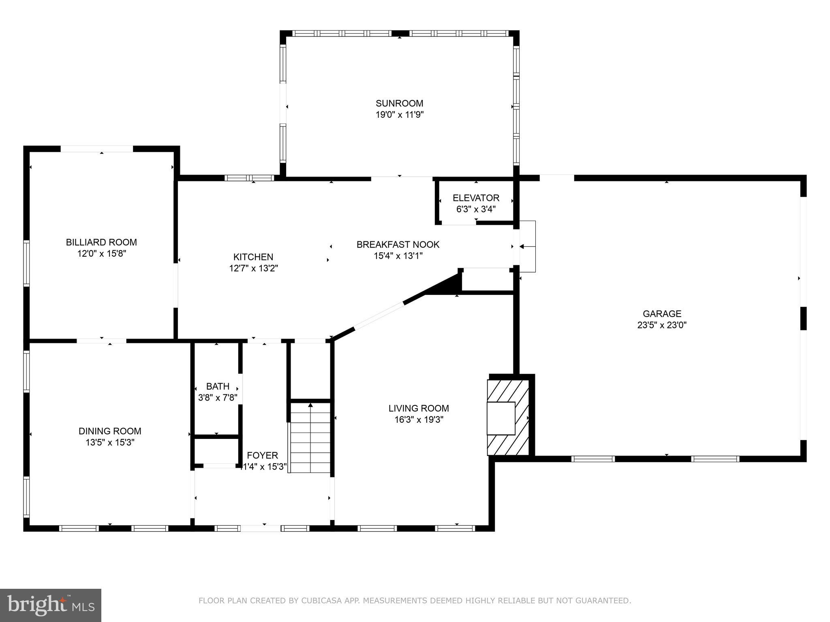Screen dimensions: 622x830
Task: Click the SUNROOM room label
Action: point(399,103)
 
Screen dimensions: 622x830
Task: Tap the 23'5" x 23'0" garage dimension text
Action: point(662,325)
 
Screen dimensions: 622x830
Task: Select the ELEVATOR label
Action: point(476,198)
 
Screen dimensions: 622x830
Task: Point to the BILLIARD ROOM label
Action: point(101,242)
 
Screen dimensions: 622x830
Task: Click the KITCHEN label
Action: point(253,257)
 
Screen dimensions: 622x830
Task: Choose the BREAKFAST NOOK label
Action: point(398,245)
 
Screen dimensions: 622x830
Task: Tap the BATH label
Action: point(218,386)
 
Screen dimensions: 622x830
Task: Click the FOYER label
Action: point(262,455)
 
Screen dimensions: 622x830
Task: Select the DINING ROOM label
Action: point(110,431)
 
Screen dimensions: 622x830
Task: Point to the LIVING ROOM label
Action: point(419,408)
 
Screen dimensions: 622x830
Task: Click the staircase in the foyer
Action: point(311,437)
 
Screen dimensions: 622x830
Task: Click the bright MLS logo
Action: point(51,605)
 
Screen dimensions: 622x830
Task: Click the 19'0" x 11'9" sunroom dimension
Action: point(399,115)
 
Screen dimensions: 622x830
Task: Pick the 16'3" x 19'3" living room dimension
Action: point(419,420)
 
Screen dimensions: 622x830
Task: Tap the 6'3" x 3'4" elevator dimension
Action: point(476,209)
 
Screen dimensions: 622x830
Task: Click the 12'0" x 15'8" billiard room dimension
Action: point(102,253)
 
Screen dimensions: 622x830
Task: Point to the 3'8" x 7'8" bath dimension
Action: point(218,398)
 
